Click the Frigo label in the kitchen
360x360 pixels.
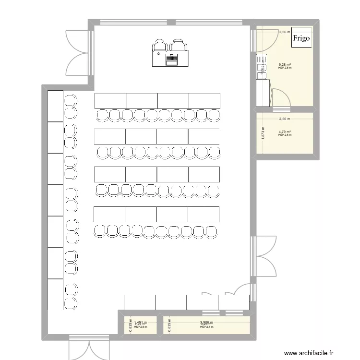tap(301, 38)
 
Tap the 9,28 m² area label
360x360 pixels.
tap(285, 64)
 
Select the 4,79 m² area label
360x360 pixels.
tap(285, 132)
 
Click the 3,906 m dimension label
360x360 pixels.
tap(206, 323)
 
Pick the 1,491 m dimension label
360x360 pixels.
tap(140, 323)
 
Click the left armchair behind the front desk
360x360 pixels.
tap(159, 46)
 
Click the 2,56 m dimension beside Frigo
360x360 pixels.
tap(285, 32)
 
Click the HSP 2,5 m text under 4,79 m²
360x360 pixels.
tap(285, 135)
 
